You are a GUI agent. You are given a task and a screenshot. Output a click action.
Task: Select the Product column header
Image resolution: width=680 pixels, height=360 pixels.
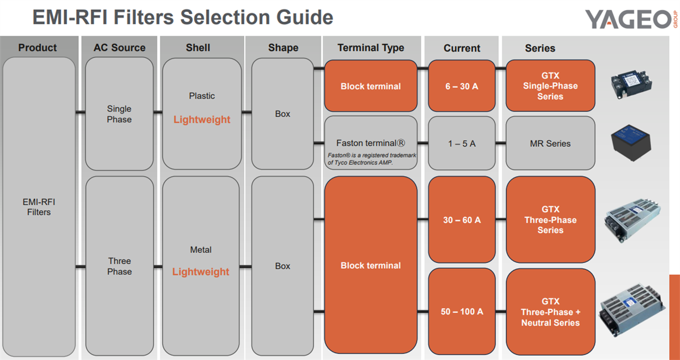37,48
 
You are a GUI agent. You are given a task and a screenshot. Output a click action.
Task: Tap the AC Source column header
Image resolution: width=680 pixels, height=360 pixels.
120,48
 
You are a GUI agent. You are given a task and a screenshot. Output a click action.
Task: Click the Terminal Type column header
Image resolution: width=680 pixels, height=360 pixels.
371,48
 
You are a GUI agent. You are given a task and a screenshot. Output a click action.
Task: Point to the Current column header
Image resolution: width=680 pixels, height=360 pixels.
462,48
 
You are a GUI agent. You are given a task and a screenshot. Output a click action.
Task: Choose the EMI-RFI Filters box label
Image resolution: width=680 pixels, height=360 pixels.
39,207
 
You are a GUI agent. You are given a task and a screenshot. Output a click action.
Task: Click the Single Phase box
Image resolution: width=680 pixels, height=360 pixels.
119,114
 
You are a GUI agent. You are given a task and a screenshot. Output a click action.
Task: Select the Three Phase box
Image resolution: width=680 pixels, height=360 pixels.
119,266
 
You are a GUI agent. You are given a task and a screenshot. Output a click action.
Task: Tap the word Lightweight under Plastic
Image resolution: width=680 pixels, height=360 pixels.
202,120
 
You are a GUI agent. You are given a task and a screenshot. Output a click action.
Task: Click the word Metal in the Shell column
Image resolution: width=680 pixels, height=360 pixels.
201,250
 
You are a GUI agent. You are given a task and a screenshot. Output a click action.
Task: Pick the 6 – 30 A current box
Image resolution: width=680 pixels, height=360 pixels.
461,86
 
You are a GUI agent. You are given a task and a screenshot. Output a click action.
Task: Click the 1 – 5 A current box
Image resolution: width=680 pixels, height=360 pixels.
461,143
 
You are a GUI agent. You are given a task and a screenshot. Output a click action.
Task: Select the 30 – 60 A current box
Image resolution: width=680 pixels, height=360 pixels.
461,220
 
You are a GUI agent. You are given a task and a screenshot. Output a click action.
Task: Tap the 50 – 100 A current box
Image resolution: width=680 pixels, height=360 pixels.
461,312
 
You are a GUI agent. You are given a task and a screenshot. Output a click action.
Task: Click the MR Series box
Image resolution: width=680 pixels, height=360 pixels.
550,143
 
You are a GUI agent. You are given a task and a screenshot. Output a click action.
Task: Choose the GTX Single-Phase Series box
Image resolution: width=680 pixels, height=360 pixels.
550,86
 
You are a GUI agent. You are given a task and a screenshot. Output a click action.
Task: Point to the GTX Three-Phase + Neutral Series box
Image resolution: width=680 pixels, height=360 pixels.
550,312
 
